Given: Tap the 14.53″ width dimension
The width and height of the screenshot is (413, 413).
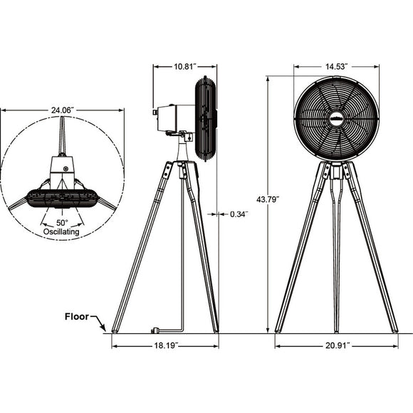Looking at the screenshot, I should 335,66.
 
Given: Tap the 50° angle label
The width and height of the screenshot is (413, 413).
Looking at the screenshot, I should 62,223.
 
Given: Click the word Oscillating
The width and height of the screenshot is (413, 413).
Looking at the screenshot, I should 62,232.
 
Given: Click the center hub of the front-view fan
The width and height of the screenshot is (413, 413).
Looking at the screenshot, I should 336,116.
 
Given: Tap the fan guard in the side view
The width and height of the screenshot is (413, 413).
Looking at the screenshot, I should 204,118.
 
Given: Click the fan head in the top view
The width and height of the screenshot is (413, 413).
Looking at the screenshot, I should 62,197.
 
